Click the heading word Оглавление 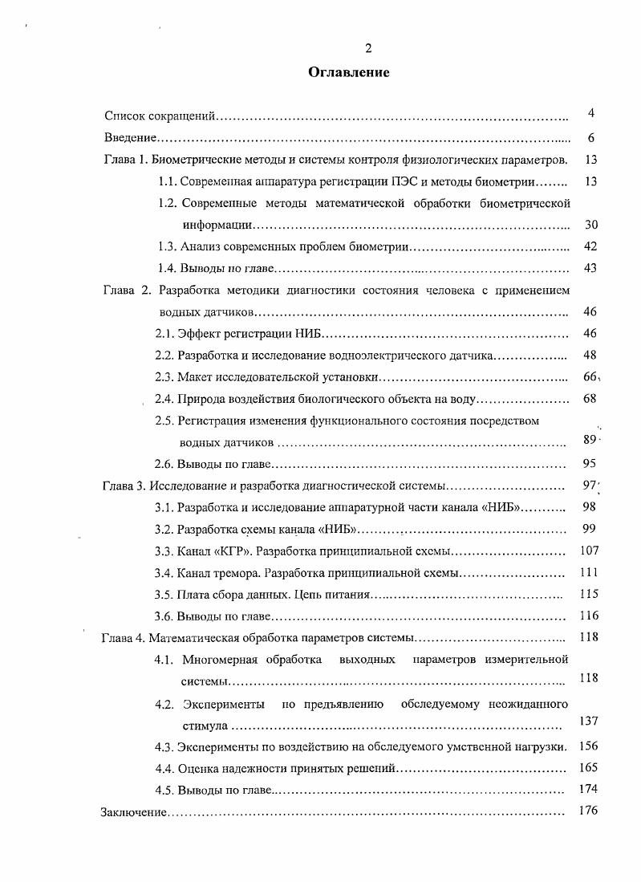349,73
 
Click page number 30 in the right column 590,225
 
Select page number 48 590,355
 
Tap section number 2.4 164,399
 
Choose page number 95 590,463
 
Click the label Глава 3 124,486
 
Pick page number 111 589,572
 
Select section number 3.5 164,595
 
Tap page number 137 589,721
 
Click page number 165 589,767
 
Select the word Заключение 133,812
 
